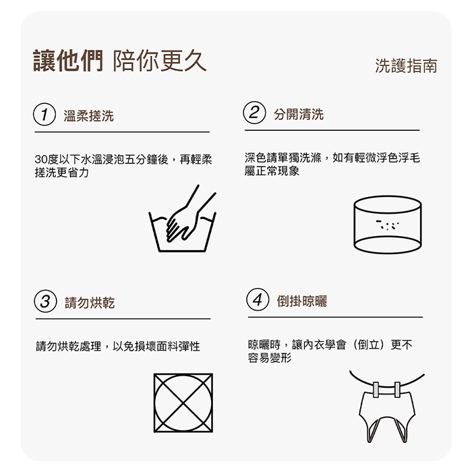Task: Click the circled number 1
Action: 45,115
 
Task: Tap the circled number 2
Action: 254,113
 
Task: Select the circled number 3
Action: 45,301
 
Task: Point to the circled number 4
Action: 258,299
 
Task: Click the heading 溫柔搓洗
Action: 89,116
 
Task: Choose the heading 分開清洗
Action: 299,115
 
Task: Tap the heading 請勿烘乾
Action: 90,303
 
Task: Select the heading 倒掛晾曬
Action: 302,301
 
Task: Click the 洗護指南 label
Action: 406,65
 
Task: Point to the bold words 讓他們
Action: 68,61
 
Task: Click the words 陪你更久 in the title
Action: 160,61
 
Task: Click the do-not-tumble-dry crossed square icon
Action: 183,403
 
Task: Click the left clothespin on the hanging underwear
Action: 376,390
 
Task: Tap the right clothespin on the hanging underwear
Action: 397,390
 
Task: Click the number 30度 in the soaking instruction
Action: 46,160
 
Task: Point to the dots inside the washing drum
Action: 388,225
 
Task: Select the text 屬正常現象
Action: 272,171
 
